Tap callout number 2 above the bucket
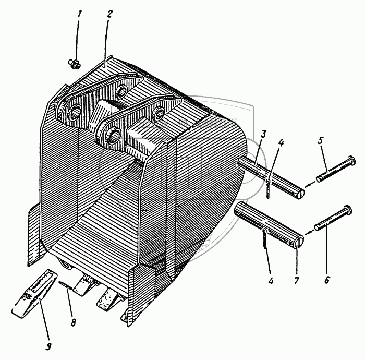109,14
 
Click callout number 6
327,280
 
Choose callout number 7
296,280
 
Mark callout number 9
48,347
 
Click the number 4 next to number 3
281,142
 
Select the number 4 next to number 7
271,281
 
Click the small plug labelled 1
75,64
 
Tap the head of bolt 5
350,160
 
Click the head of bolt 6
347,210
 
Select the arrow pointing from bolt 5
309,185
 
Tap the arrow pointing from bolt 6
309,232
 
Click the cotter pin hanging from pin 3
269,188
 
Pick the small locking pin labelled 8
65,285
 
